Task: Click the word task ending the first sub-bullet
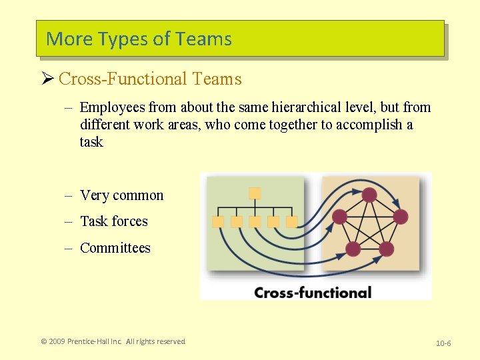click(91, 142)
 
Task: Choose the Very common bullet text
click(121, 195)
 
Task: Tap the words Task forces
click(113, 221)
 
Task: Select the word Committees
click(115, 248)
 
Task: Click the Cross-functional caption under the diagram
click(313, 292)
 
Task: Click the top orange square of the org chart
click(255, 193)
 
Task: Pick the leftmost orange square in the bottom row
click(217, 222)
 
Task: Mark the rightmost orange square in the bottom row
click(291, 222)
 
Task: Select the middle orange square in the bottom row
click(255, 222)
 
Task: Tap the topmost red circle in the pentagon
click(369, 195)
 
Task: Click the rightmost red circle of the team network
click(400, 216)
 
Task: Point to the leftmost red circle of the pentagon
click(339, 216)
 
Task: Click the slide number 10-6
click(443, 343)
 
